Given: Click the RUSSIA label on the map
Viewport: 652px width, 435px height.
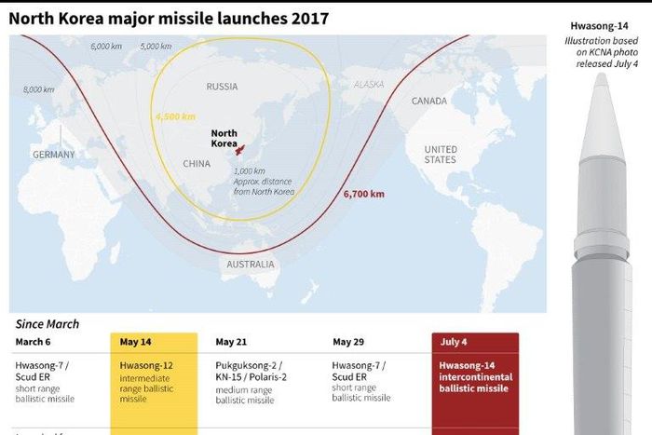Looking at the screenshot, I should (x=222, y=87).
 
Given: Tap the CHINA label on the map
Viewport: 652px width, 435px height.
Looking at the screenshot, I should (x=197, y=163).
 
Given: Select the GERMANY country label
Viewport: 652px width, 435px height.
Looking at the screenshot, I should (x=53, y=155).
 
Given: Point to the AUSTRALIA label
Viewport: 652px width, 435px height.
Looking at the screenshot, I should (x=251, y=265).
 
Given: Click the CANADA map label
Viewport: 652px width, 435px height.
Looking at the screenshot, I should (x=428, y=101).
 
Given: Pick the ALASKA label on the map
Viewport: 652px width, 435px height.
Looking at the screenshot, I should (x=368, y=85).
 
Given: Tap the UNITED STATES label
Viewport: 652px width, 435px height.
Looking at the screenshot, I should (x=440, y=155).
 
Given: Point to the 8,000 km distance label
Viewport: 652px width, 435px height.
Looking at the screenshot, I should (x=39, y=89).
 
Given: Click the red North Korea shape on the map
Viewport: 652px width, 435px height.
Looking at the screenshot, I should (x=239, y=150).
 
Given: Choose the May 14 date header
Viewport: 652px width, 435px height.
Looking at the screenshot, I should (x=136, y=342).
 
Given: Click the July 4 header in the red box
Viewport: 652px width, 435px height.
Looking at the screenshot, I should (x=454, y=342).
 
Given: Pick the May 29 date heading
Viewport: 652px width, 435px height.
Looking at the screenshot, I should (x=348, y=342).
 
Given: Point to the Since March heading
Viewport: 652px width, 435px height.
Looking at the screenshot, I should (x=48, y=324).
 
